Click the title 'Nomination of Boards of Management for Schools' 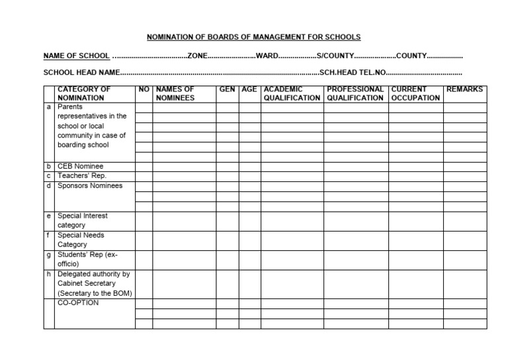[253, 37]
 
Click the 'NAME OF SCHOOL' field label [76, 56]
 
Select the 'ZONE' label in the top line [198, 56]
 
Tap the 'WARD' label [267, 56]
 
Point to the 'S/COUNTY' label [335, 56]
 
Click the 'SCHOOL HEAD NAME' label [81, 73]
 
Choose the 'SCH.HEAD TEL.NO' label [351, 73]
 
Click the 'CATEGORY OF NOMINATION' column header [84, 93]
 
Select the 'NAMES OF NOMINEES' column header [175, 93]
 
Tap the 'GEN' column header [227, 89]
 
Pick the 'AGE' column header [249, 89]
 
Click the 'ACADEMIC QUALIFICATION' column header [292, 93]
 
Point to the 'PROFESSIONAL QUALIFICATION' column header [355, 93]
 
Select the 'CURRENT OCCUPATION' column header [415, 93]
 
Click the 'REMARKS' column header [464, 89]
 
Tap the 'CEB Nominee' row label [81, 166]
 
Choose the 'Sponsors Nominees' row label [90, 186]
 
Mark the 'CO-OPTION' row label [78, 303]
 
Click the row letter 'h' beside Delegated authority [49, 274]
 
